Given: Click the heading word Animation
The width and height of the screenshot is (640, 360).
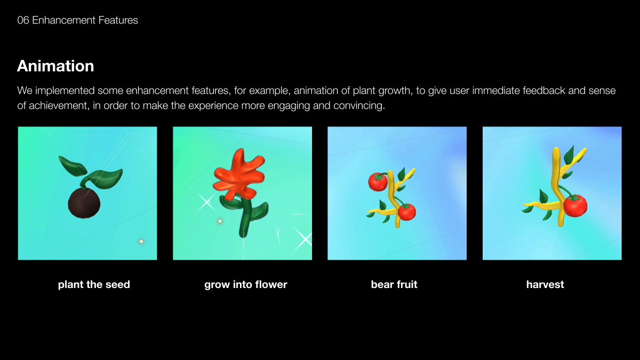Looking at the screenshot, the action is pos(55,66).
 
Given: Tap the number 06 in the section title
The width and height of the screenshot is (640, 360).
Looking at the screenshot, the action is pos(23,20).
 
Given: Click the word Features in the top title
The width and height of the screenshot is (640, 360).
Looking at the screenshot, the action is pos(118,20).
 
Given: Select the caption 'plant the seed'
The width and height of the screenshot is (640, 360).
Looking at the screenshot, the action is pos(94,285).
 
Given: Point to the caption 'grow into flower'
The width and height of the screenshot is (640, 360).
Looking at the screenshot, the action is pos(246,285).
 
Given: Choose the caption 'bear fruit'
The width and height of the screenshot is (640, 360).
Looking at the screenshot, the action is pos(394,285).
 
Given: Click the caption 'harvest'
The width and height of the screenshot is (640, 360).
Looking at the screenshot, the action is pos(545,285).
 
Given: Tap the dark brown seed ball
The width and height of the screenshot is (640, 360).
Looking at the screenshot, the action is pos(84,203).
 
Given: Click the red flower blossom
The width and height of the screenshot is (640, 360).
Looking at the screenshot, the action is pos(239,174).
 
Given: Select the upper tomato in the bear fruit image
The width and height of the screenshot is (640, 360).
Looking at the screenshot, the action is pos(378,182).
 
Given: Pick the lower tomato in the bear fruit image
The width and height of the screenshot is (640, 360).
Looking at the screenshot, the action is pos(407,212).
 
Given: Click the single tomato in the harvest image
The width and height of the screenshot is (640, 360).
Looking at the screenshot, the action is pos(575,205).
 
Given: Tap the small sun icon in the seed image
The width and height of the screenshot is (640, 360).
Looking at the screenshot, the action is pos(141,242).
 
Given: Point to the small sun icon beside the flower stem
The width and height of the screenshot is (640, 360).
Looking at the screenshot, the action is pos(220,221).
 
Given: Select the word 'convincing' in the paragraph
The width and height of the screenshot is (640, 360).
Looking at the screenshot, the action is pos(359,106).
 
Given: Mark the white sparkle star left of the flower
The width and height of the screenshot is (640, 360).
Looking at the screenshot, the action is pos(206,202).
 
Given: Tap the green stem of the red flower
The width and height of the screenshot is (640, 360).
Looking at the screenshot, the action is pos(246,217).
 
